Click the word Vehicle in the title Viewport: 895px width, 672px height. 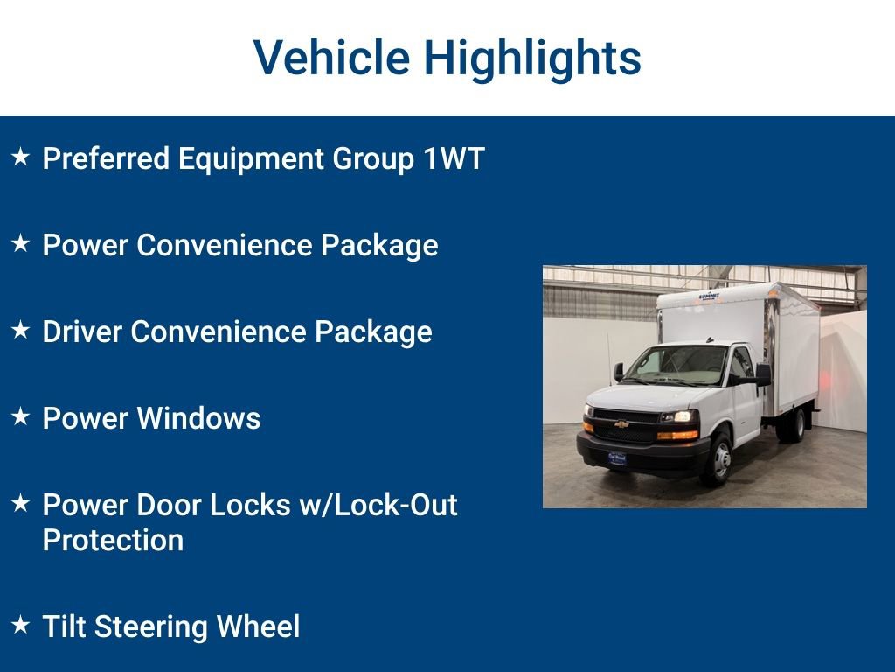pyautogui.click(x=331, y=58)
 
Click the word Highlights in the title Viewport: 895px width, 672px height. pyautogui.click(x=532, y=59)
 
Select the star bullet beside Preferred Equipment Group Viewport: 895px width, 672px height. pyautogui.click(x=21, y=157)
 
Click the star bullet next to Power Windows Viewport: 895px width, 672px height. pyautogui.click(x=21, y=417)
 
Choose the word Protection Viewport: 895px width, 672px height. pyautogui.click(x=113, y=540)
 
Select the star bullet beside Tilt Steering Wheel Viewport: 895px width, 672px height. pyautogui.click(x=21, y=626)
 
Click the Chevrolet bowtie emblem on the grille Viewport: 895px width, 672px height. pyautogui.click(x=621, y=423)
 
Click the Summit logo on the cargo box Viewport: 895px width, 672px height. pyautogui.click(x=713, y=297)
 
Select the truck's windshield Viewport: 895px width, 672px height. pyautogui.click(x=677, y=364)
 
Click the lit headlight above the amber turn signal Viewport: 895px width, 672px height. pyautogui.click(x=679, y=417)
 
